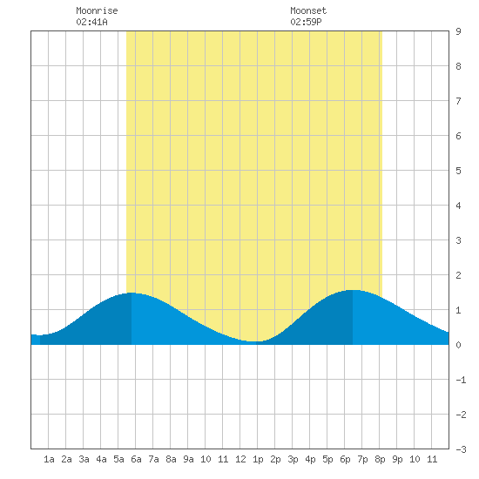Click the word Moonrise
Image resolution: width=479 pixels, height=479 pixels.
[97, 10]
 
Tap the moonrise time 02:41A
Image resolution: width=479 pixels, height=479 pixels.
[92, 22]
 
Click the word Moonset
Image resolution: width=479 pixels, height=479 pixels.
[308, 10]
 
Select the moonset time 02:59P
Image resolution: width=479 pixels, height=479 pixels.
[306, 22]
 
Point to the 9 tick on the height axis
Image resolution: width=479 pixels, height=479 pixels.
[458, 31]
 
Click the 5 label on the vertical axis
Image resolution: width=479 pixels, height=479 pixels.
[458, 171]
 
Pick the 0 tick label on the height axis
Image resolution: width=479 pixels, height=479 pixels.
[458, 345]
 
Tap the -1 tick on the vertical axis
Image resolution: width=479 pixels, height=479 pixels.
[461, 380]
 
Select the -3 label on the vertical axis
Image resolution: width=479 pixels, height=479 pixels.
[461, 449]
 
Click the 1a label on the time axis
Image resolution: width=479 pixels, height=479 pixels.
[49, 459]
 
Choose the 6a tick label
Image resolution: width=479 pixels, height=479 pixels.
[136, 459]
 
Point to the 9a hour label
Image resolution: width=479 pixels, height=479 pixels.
[188, 459]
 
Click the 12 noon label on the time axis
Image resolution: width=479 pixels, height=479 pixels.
[240, 459]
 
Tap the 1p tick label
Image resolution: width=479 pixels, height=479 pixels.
[258, 459]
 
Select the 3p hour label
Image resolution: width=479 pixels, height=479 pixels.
[293, 459]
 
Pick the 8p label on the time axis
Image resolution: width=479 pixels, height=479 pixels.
[380, 459]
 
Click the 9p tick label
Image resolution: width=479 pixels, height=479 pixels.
[397, 459]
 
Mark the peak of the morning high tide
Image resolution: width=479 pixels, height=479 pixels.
[132, 293]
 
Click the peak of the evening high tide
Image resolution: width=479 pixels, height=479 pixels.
[353, 290]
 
